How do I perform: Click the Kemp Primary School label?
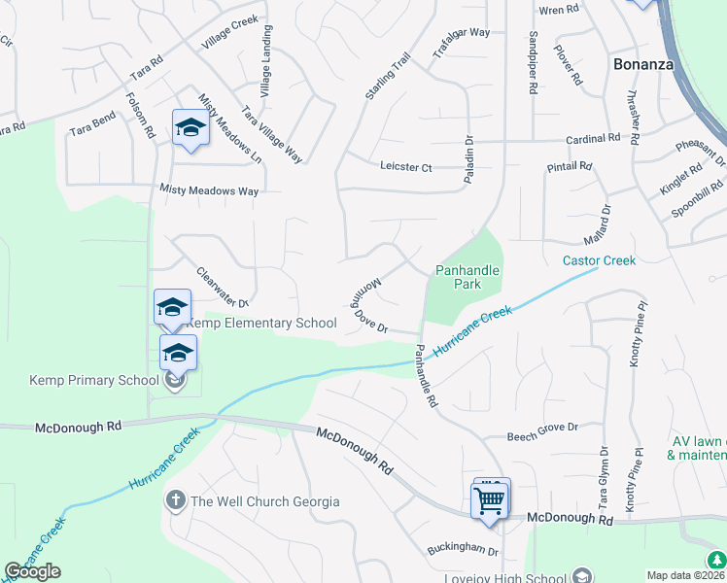coord(93,380)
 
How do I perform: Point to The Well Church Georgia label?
coord(265,501)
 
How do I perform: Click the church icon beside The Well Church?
coord(176,501)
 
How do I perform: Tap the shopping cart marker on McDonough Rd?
coord(490,501)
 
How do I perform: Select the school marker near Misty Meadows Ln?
coord(190,127)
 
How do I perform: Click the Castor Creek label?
coord(599,260)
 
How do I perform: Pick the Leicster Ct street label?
coord(406,167)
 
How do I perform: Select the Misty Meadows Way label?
coord(209,191)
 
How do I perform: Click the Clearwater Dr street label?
coord(223,287)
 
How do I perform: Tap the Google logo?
coord(32,571)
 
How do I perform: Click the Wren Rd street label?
coord(558,11)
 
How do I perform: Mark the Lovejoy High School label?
coord(505,577)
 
